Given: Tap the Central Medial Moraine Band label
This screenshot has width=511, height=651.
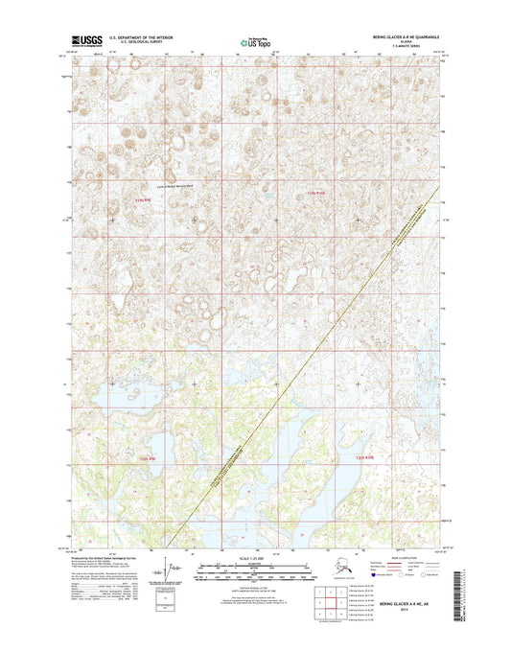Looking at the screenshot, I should tap(174, 187).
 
